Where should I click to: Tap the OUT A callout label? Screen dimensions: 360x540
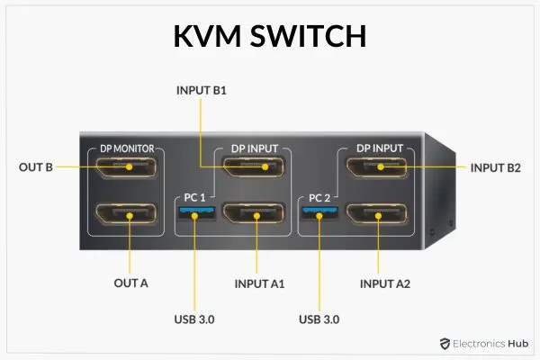click(x=131, y=283)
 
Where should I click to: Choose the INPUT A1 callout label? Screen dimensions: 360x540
click(x=259, y=283)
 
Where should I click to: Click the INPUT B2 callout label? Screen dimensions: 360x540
click(x=496, y=166)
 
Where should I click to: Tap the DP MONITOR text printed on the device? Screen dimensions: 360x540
click(x=126, y=148)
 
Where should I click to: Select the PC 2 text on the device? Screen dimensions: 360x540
click(x=321, y=197)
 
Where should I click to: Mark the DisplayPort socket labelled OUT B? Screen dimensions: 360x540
click(x=126, y=166)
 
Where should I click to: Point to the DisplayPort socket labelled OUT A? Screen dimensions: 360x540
click(x=126, y=215)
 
